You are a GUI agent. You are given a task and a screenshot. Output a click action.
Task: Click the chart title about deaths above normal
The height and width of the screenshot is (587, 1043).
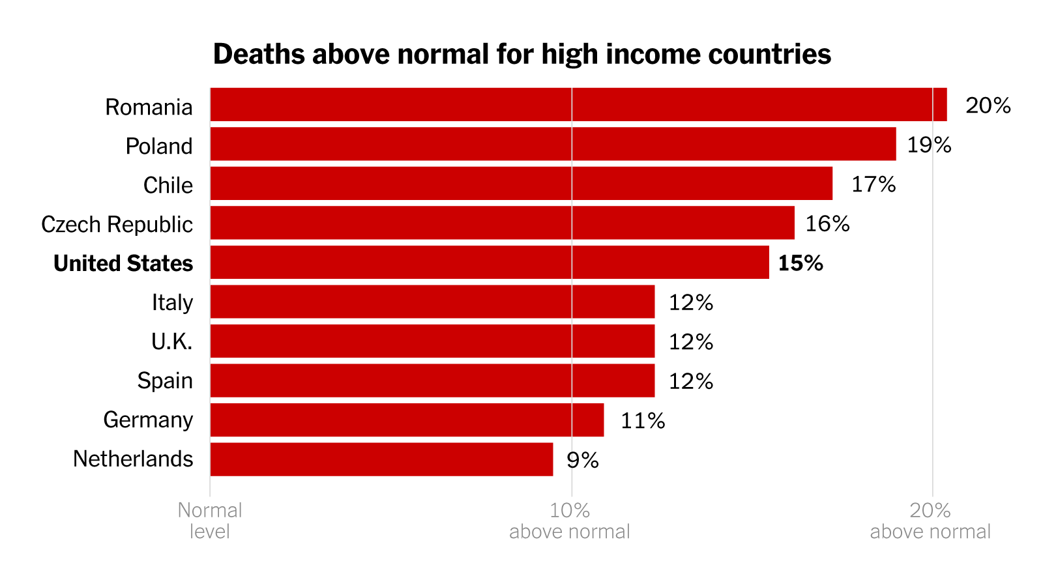[521, 54]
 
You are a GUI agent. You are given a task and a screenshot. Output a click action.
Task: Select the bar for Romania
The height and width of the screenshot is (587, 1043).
[578, 105]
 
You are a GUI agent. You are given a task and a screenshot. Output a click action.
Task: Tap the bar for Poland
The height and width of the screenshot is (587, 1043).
[553, 144]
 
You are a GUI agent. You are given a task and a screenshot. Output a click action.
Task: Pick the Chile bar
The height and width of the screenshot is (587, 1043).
[521, 184]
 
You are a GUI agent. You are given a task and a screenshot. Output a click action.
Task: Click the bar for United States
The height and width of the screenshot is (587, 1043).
[490, 263]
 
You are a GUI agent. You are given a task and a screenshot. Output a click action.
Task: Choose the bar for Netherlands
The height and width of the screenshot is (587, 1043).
[381, 459]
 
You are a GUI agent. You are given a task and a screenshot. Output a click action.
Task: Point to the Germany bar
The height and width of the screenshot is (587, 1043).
[407, 420]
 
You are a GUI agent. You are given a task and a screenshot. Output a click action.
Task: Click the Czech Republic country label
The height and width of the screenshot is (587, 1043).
[117, 224]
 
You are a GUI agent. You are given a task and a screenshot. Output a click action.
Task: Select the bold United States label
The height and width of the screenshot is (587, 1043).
[123, 263]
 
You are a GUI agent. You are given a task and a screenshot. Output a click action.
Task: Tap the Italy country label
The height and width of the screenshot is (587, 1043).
[172, 302]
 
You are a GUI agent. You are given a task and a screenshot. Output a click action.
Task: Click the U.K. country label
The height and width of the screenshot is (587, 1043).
[172, 341]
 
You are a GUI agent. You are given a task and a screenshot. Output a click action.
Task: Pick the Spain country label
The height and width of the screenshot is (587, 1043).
[165, 380]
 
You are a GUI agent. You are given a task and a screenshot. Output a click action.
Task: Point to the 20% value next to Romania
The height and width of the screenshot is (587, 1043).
[988, 106]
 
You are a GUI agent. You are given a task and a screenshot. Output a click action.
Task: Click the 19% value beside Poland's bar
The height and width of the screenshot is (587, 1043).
[929, 145]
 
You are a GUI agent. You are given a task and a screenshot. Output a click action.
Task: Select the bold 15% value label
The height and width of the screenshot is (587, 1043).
[801, 263]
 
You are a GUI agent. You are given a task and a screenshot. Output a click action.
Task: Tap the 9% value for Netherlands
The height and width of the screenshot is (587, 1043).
[582, 460]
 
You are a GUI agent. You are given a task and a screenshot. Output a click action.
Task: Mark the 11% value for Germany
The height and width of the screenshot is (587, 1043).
[643, 421]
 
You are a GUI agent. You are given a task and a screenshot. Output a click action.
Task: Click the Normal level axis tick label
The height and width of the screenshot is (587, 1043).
[210, 521]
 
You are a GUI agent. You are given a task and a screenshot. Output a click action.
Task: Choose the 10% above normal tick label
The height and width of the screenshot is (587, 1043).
[570, 521]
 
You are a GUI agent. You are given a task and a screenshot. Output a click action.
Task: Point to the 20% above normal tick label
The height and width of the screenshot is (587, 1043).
[930, 521]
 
